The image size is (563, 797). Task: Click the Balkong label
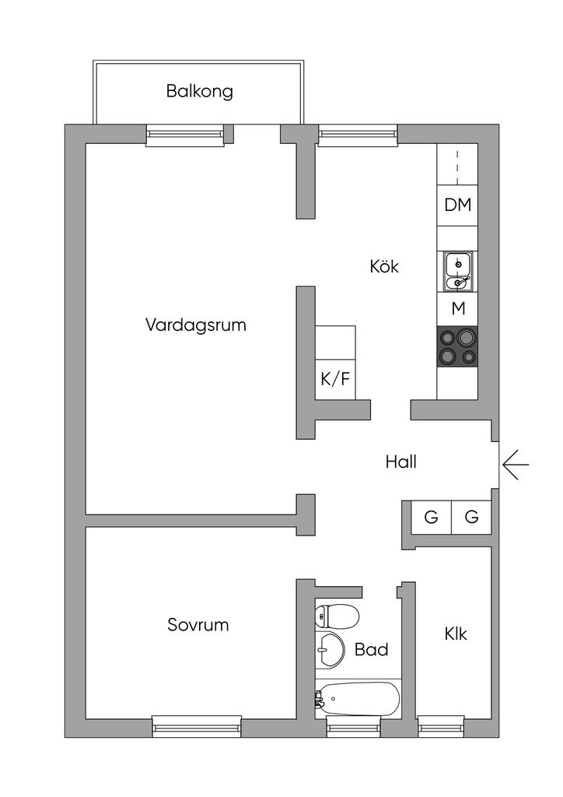point(199,91)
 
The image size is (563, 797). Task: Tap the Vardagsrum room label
point(195,325)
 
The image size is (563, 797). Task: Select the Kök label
point(384,266)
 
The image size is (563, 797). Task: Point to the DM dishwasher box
point(457,205)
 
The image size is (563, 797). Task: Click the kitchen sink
point(457,270)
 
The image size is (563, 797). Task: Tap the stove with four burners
point(457,347)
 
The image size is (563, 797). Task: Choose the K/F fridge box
point(335,380)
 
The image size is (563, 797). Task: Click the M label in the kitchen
point(458,308)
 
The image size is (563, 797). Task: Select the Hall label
point(401,462)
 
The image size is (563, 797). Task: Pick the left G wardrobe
point(431,517)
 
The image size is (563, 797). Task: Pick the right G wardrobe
point(471,517)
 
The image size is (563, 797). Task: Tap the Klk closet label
point(456,634)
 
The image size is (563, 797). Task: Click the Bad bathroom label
point(371,649)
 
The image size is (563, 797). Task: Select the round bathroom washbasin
point(331,649)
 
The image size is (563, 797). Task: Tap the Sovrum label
point(198,624)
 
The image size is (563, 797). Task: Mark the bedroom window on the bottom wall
point(197,727)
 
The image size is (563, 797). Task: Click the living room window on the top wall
point(184,135)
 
